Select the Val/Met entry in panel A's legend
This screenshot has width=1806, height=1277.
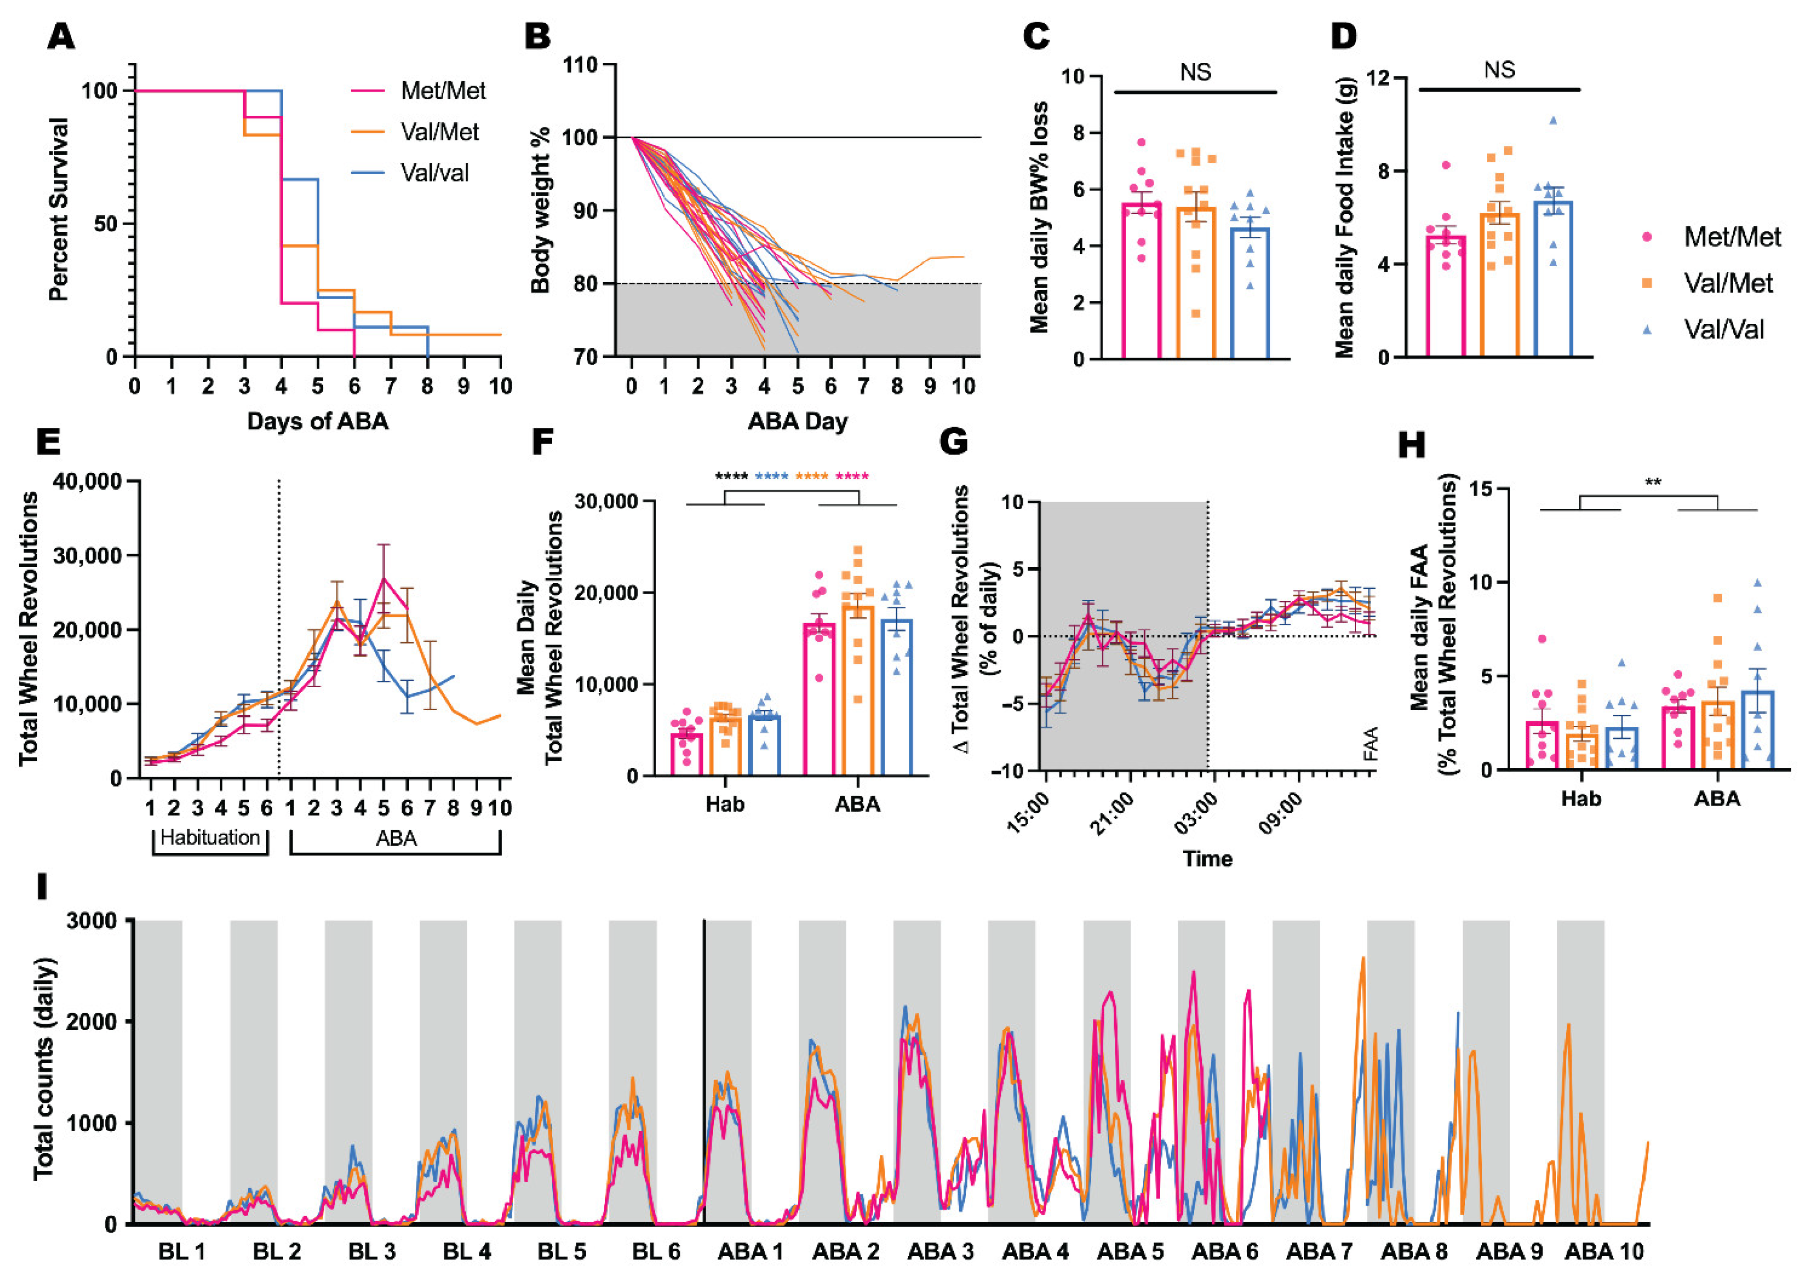point(439,132)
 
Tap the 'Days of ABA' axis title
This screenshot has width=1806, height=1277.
point(318,421)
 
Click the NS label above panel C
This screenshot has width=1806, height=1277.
point(1195,72)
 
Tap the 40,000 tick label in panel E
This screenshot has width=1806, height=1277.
point(88,481)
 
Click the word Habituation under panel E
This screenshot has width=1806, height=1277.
point(210,838)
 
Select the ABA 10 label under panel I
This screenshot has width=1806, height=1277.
point(1604,1251)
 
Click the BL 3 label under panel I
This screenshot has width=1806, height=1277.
point(372,1251)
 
